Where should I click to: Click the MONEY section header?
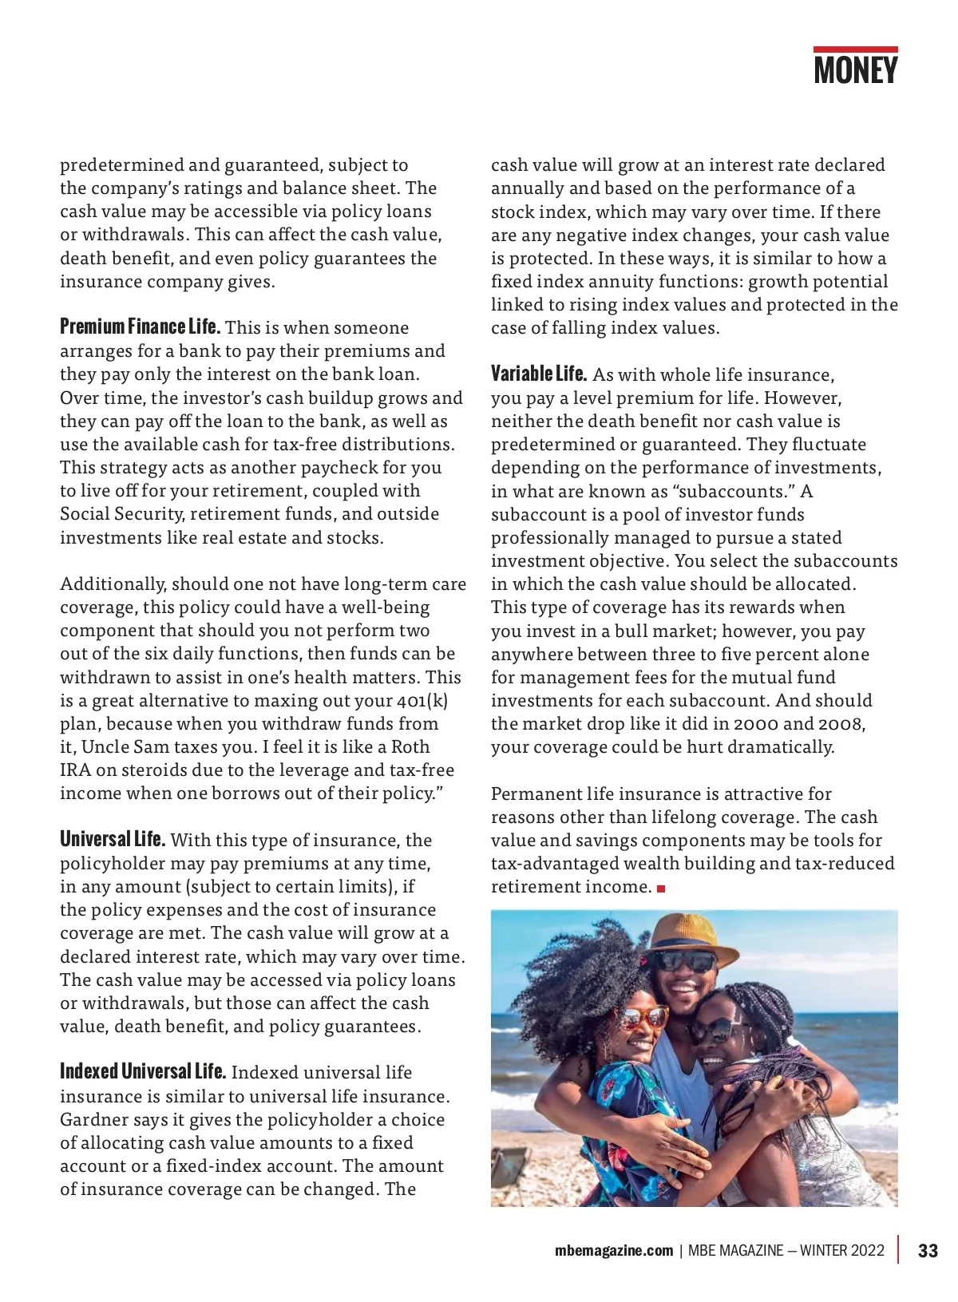pyautogui.click(x=855, y=70)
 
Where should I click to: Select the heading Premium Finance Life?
pyautogui.click(x=140, y=326)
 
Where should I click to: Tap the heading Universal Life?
pyautogui.click(x=113, y=839)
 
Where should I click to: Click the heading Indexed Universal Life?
pyautogui.click(x=143, y=1071)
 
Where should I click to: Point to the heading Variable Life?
pyautogui.click(x=539, y=374)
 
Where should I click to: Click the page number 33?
pyautogui.click(x=928, y=1251)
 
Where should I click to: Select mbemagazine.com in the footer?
pyautogui.click(x=614, y=1251)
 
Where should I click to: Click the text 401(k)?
pyautogui.click(x=422, y=700)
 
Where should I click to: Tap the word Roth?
pyautogui.click(x=410, y=746)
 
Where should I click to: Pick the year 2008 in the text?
pyautogui.click(x=840, y=723)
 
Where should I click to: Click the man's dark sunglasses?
pyautogui.click(x=683, y=962)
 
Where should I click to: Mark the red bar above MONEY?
pyautogui.click(x=855, y=49)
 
